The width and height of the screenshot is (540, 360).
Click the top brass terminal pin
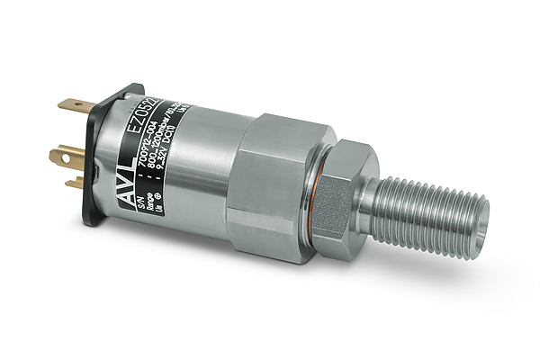pos(75,105)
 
